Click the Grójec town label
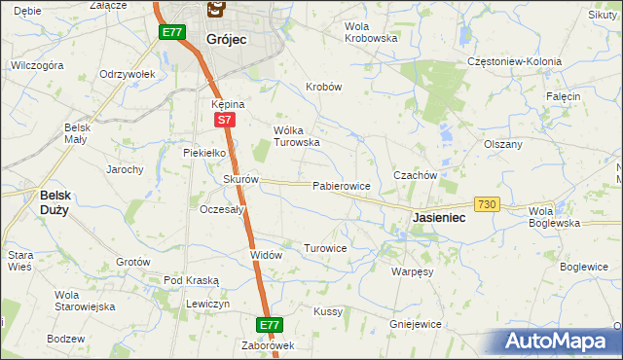[227, 39]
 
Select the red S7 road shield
[224, 121]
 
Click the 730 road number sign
[488, 204]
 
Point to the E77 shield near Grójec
[172, 32]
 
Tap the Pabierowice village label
[341, 185]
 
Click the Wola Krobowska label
[372, 32]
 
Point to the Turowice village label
[325, 248]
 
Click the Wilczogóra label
[36, 65]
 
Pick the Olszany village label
[503, 143]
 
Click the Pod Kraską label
[192, 280]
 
